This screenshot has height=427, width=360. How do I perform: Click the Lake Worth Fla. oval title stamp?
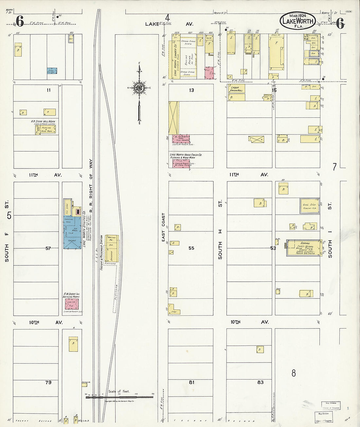(x=297, y=21)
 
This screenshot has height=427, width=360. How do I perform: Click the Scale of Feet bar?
(x=119, y=397)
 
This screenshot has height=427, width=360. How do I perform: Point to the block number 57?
(x=48, y=248)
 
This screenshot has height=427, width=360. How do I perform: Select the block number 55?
(x=191, y=248)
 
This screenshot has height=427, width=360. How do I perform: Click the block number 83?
(x=260, y=382)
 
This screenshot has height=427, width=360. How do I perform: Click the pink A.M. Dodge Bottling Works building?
(x=72, y=304)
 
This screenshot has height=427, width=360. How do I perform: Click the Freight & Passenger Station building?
(x=111, y=249)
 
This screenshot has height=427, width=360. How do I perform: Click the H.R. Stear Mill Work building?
(x=46, y=130)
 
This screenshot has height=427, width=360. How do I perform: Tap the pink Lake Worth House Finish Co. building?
(x=179, y=163)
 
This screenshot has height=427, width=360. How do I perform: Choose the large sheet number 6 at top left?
(x=19, y=22)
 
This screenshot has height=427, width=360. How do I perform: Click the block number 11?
(x=48, y=90)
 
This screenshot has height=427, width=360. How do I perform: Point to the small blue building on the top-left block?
(x=51, y=70)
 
